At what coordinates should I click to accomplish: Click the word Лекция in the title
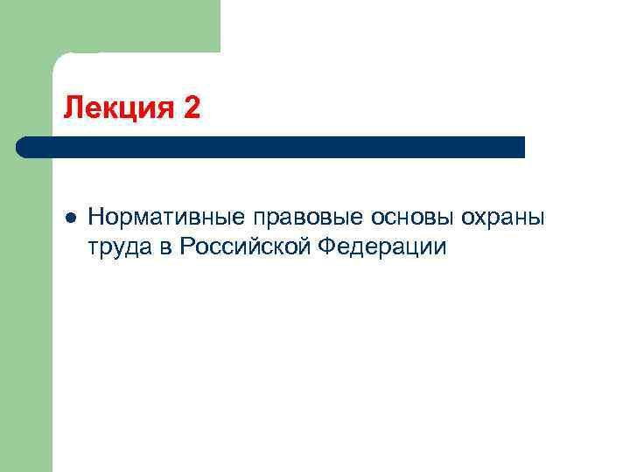(x=119, y=108)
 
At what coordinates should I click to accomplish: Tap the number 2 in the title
(x=192, y=108)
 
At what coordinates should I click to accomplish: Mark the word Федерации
(x=382, y=248)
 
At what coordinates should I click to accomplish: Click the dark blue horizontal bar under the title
(x=271, y=147)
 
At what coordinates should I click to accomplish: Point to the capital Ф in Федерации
(x=327, y=248)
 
